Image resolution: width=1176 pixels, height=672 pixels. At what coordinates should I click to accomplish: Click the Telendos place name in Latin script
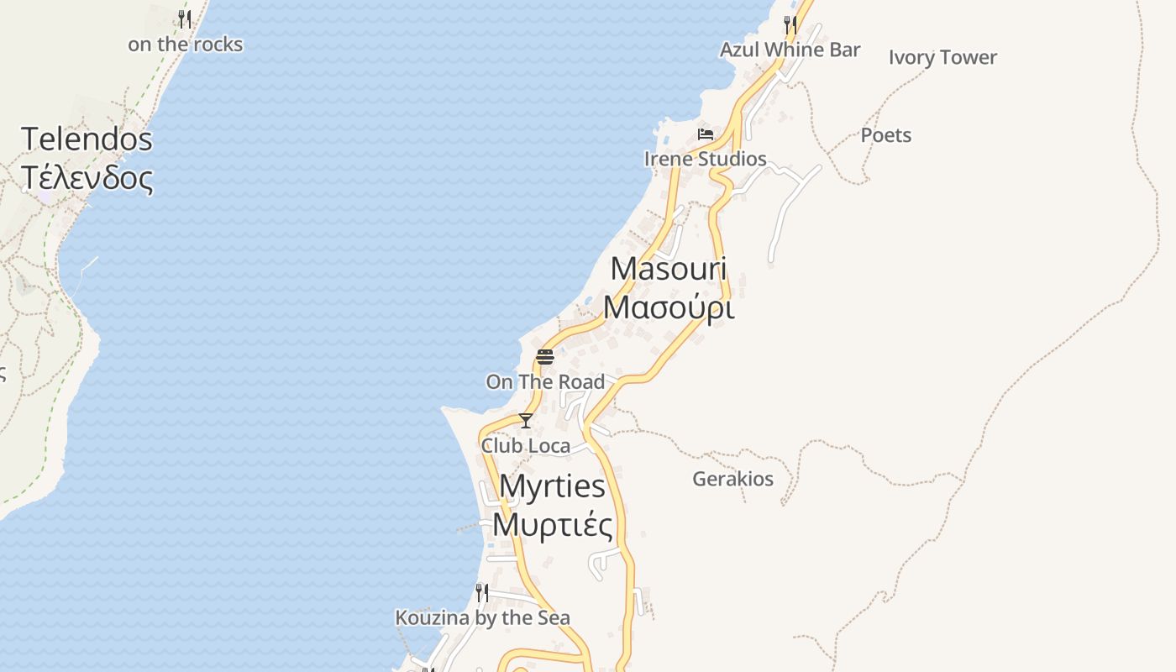pyautogui.click(x=87, y=139)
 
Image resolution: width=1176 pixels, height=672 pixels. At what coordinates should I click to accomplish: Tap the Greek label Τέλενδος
pyautogui.click(x=87, y=178)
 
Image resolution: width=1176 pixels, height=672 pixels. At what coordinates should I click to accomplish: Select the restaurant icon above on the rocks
pyautogui.click(x=185, y=18)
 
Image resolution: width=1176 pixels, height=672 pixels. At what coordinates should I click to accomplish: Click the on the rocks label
pyautogui.click(x=185, y=45)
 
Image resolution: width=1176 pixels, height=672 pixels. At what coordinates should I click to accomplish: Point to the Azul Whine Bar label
pyautogui.click(x=790, y=50)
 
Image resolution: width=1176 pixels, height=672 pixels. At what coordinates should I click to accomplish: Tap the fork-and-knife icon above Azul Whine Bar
pyautogui.click(x=790, y=24)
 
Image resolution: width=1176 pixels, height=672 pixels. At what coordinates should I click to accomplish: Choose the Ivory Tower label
pyautogui.click(x=942, y=57)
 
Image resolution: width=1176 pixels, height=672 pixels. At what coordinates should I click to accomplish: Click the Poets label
pyautogui.click(x=885, y=135)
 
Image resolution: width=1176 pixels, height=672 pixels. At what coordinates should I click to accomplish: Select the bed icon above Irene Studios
pyautogui.click(x=706, y=134)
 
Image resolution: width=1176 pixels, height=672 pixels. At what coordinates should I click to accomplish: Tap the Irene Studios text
pyautogui.click(x=705, y=159)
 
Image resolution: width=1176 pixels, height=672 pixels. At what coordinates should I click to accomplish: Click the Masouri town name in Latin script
pyautogui.click(x=669, y=269)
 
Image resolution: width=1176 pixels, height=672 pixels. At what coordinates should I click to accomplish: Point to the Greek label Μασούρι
pyautogui.click(x=669, y=308)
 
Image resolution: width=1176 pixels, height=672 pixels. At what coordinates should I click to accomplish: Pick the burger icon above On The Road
pyautogui.click(x=545, y=357)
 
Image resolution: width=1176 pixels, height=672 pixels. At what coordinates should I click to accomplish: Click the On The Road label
pyautogui.click(x=545, y=382)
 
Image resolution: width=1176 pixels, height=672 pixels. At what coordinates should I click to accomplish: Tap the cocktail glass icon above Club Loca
pyautogui.click(x=526, y=421)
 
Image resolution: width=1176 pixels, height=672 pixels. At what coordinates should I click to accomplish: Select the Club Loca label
pyautogui.click(x=525, y=446)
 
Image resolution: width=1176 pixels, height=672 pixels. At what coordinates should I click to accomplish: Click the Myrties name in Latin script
pyautogui.click(x=552, y=486)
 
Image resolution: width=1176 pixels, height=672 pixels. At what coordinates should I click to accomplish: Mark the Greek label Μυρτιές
pyautogui.click(x=552, y=525)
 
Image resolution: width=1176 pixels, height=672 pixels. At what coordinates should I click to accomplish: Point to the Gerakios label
pyautogui.click(x=732, y=479)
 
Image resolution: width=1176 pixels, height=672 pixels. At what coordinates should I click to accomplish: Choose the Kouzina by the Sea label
pyautogui.click(x=482, y=618)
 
